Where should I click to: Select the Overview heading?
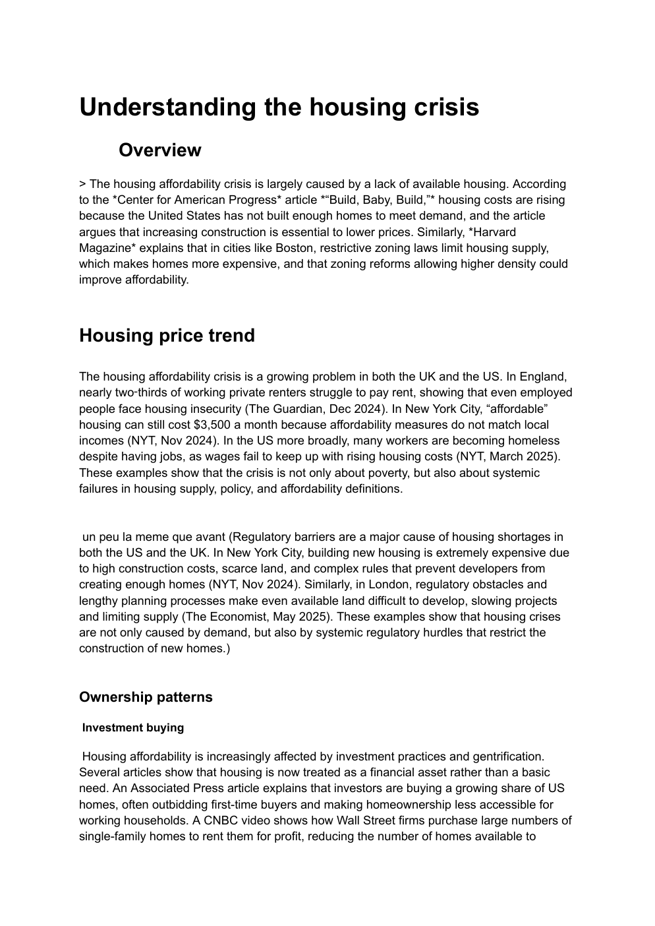159,150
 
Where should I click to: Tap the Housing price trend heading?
167,335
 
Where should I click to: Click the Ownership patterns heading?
146,697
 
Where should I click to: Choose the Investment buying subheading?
133,727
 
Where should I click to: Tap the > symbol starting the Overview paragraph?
82,185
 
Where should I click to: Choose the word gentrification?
507,756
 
